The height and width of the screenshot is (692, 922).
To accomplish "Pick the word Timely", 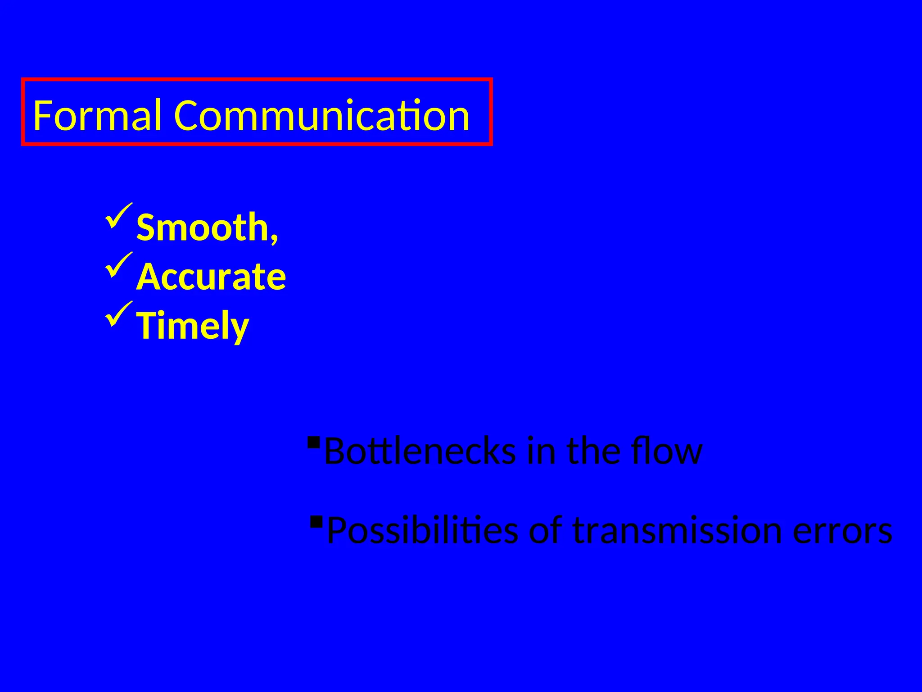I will click(193, 326).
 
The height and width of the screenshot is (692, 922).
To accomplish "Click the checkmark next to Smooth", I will click(118, 215).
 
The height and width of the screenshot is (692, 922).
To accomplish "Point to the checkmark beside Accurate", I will click(118, 264).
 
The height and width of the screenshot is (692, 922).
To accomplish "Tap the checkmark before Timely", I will click(118, 314).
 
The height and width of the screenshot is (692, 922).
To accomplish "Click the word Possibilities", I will click(422, 531).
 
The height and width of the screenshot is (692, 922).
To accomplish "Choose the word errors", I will click(842, 531).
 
